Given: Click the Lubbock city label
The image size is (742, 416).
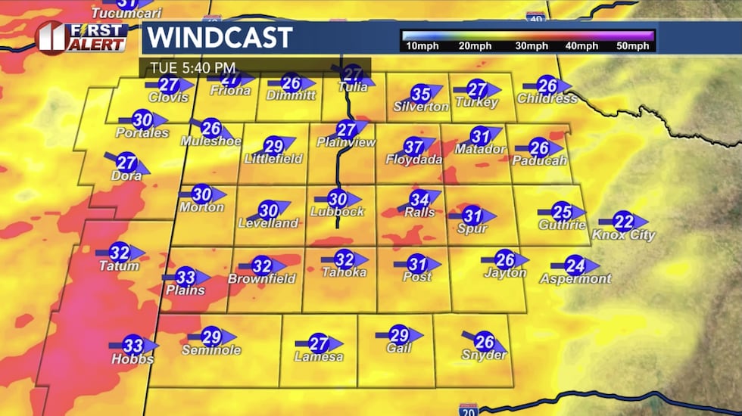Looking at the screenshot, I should pos(338,212).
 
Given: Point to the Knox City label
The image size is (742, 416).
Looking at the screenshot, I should pos(623,235).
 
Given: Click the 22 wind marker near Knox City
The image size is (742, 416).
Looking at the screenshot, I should pos(623,222).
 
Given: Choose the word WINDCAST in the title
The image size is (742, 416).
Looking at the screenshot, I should pos(220,37).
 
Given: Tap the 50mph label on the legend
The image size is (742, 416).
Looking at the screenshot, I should pos(633,47).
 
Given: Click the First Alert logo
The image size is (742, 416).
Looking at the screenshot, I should pos(82,37).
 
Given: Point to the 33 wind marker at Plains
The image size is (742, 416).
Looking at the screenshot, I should pos(185,278).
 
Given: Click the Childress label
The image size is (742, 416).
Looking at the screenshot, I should pos(547,98).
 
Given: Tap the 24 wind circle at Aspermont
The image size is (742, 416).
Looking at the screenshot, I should pos(575,265).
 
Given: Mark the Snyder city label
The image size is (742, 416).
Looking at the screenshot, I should pos(485,355).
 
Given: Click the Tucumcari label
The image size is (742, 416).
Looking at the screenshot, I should pos(117,14).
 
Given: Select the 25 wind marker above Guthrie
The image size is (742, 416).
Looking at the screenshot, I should pos(562,212).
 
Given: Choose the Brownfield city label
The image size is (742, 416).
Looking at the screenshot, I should pos(261,279).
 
